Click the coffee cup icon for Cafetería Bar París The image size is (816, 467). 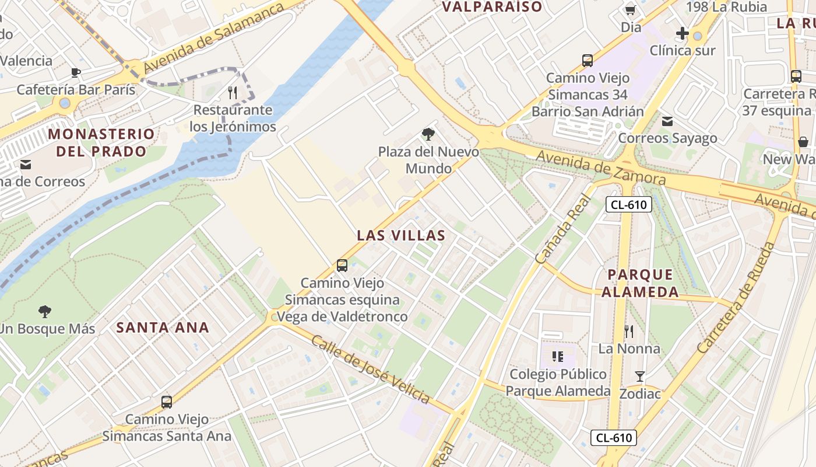[x=75, y=72]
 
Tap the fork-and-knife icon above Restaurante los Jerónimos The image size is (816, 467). [x=233, y=92]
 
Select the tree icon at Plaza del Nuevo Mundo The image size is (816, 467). [x=428, y=135]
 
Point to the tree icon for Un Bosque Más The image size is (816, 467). [x=44, y=311]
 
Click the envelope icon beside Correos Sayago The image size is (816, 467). [x=667, y=121]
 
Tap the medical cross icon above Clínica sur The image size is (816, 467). [x=683, y=33]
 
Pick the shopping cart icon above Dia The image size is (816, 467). [x=630, y=10]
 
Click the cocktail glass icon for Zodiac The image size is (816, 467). [x=640, y=377]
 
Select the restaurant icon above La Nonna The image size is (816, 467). [x=629, y=332]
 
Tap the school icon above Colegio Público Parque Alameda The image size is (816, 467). [x=558, y=356]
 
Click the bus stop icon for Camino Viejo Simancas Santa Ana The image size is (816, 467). [x=167, y=402]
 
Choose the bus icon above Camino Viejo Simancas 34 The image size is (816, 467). [x=588, y=60]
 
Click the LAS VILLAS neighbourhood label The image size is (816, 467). [x=401, y=235]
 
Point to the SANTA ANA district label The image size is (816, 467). [x=163, y=327]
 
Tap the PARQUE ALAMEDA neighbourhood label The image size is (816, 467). [x=640, y=283]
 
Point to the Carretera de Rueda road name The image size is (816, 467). [x=736, y=298]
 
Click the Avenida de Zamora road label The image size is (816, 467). [x=600, y=167]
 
